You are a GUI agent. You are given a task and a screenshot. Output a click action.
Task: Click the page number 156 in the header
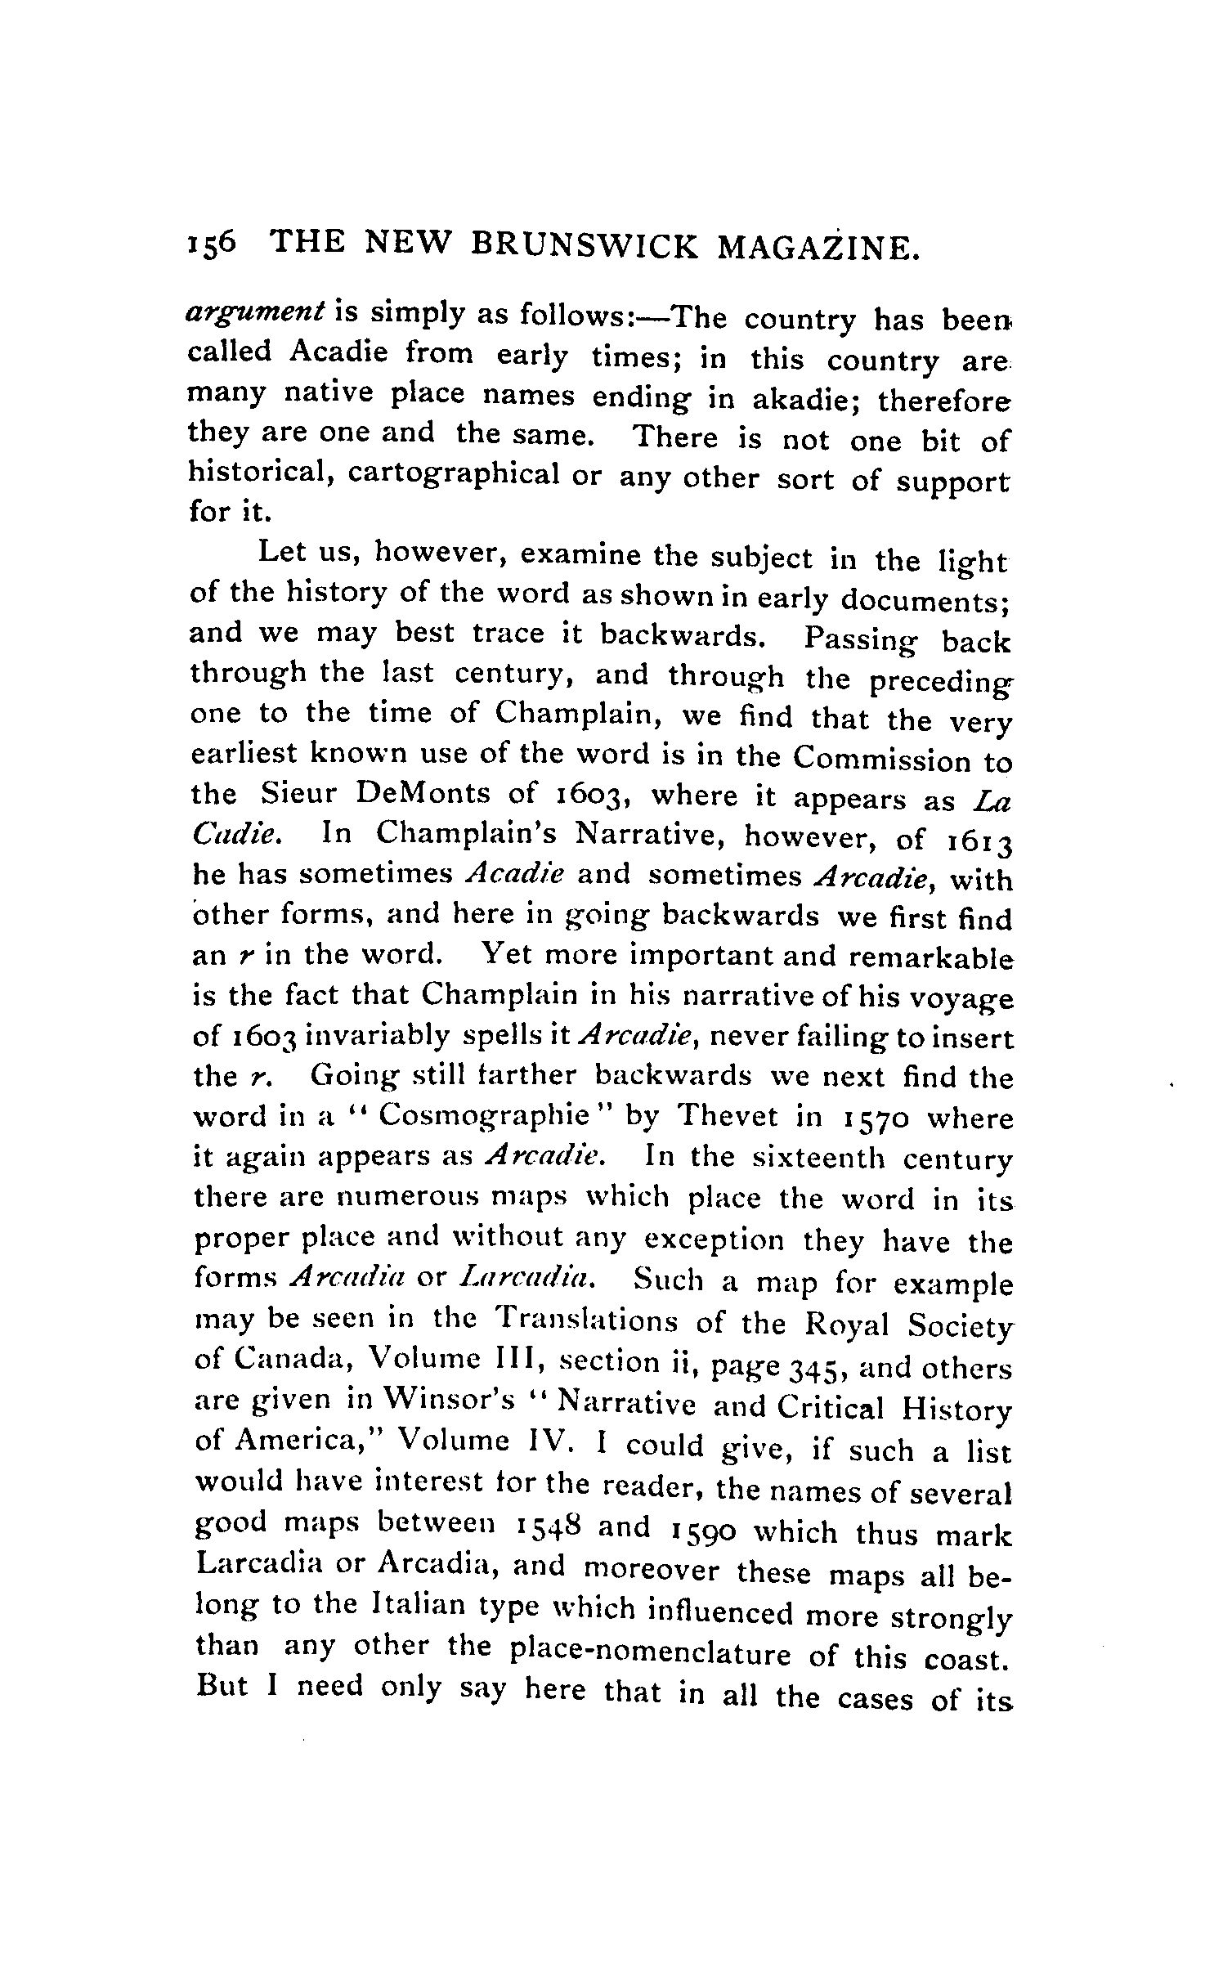pos(212,244)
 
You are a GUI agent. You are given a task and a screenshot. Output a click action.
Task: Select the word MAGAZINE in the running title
pos(817,248)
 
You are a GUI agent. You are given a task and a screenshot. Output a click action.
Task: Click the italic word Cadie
pos(239,833)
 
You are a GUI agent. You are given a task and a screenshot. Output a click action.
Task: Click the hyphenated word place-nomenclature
pos(650,1651)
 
